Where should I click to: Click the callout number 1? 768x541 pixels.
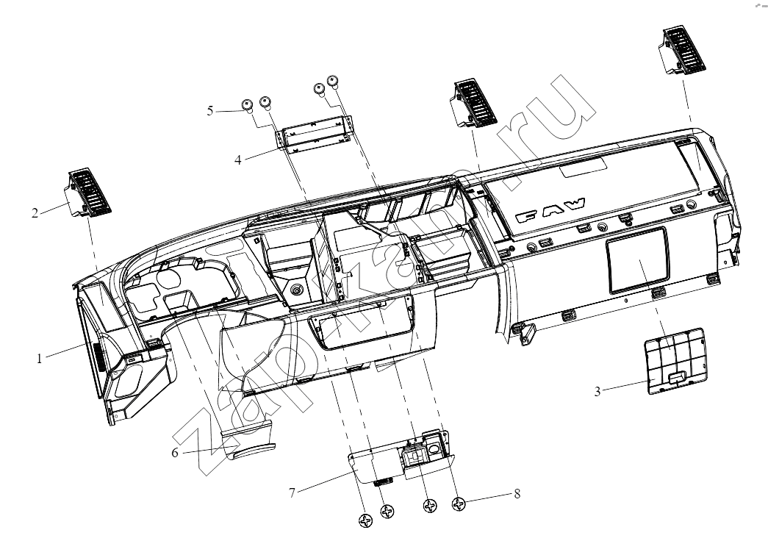pos(39,358)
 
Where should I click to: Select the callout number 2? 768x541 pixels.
pos(35,213)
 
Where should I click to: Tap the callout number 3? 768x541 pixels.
pos(597,392)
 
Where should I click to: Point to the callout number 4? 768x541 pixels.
pos(238,160)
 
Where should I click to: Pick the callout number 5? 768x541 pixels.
pos(210,111)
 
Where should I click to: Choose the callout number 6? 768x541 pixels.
pos(175,452)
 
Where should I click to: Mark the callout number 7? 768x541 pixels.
pos(292,492)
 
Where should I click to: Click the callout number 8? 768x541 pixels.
pos(517,493)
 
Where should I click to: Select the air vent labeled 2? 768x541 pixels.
pos(88,193)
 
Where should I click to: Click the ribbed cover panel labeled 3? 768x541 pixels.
pos(674,361)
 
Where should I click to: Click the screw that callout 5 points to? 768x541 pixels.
pos(248,105)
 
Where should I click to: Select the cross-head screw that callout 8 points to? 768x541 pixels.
pos(459,504)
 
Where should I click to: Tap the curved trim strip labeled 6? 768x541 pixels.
pos(248,441)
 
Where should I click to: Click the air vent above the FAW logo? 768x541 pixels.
pos(473,102)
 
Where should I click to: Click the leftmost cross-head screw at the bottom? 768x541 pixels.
pos(366,521)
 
